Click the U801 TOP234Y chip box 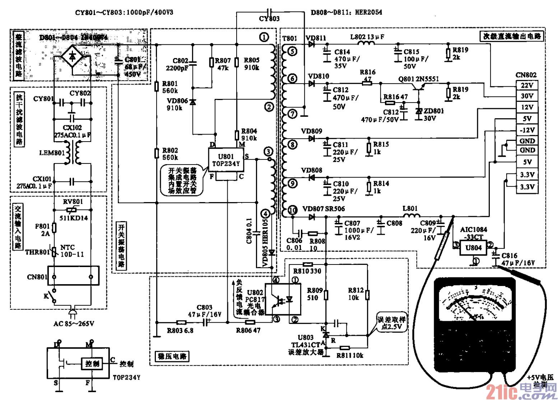(226, 160)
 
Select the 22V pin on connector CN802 (527, 85)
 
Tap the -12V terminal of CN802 (527, 130)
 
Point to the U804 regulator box (473, 248)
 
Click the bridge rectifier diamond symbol (72, 56)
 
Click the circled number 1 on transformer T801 (264, 37)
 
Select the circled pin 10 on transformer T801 (293, 210)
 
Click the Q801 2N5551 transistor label (418, 79)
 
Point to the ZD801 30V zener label (433, 114)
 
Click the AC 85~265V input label (74, 324)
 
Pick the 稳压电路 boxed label (172, 357)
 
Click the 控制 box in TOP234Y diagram (92, 363)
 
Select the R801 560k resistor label (170, 87)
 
